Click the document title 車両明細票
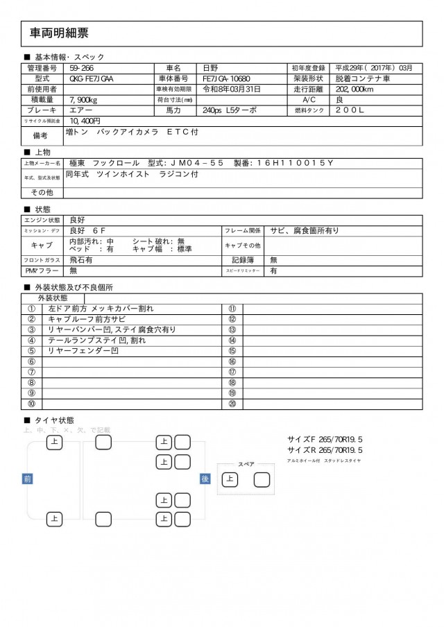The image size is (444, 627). (x=59, y=33)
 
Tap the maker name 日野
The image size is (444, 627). (x=210, y=68)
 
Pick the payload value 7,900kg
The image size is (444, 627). (x=84, y=100)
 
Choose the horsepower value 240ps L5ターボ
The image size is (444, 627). (x=230, y=110)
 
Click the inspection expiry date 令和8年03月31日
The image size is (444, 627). (x=232, y=89)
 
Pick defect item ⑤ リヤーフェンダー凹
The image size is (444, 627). (x=83, y=351)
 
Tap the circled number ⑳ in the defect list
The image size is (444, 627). (x=232, y=404)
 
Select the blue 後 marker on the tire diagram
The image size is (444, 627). (x=205, y=479)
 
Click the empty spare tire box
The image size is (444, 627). (x=262, y=479)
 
